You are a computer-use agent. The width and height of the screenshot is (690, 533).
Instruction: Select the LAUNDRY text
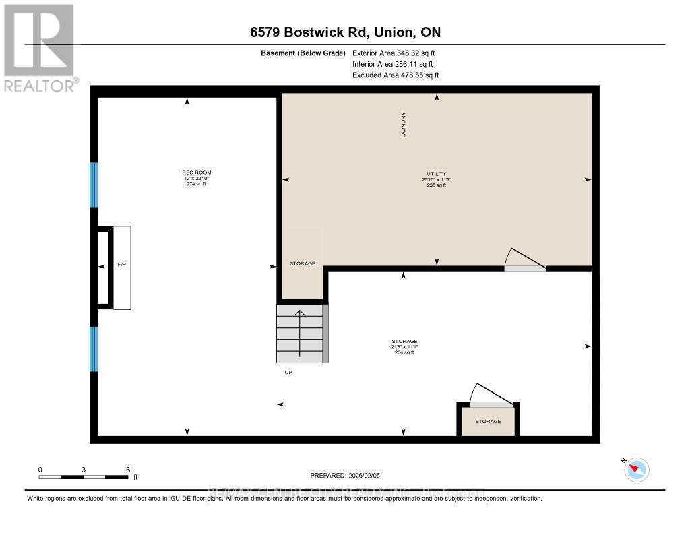[x=404, y=125]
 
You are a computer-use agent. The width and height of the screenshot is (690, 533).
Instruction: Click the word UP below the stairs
[x=288, y=372]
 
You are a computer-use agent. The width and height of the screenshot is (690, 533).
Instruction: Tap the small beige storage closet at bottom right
[x=488, y=422]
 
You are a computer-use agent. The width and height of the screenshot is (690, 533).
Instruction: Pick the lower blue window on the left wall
[x=94, y=348]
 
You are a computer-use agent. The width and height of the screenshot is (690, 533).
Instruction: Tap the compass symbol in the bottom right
[x=637, y=470]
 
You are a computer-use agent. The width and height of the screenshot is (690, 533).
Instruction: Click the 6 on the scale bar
[x=128, y=469]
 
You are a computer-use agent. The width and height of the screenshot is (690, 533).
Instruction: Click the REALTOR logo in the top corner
[x=40, y=47]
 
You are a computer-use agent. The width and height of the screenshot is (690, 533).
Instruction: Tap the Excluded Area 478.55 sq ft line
[x=396, y=75]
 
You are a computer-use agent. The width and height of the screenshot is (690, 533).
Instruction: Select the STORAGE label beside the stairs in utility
[x=303, y=263]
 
